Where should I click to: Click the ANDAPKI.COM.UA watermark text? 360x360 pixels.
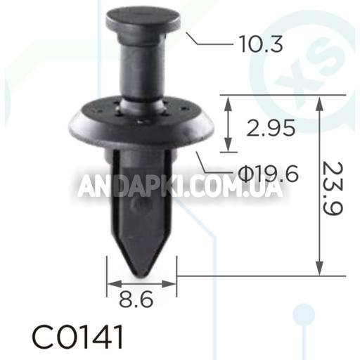point(179,186)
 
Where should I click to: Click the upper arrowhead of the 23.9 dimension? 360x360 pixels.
point(320,101)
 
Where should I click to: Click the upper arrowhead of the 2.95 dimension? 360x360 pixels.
point(227,101)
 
